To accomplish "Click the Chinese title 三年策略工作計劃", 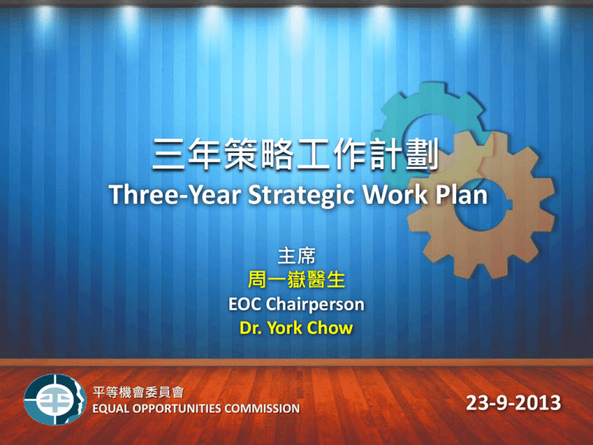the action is coord(296,154).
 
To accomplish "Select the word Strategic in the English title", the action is coord(301,196).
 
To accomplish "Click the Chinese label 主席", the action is coord(296,256).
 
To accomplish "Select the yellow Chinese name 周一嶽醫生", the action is coord(296,280).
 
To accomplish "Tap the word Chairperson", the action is coord(315,305).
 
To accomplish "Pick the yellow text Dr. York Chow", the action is coord(296,328).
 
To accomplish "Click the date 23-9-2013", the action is coord(513,403).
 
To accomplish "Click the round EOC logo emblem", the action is coord(56,399).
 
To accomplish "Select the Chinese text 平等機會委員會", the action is coord(138,392).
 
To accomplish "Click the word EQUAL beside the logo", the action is coord(111,409).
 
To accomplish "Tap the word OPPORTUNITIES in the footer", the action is coord(177,409).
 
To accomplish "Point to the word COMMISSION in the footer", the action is coord(262,409).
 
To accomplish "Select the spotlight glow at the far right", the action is coord(548,16).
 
